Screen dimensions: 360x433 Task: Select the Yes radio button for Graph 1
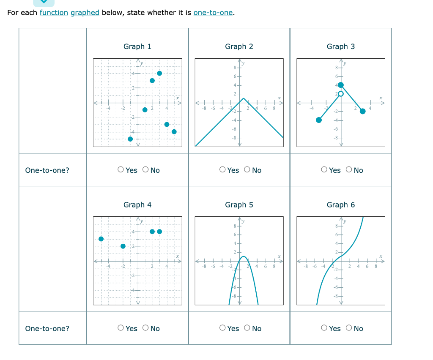coord(121,170)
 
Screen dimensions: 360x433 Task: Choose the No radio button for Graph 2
coord(247,170)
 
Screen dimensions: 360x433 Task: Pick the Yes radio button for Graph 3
coord(324,170)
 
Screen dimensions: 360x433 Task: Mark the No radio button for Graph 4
coord(145,328)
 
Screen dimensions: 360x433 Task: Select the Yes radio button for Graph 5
coord(223,328)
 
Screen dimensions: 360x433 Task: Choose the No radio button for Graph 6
coord(348,328)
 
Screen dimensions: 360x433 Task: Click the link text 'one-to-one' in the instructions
coord(213,13)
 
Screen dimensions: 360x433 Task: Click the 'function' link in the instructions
coord(54,13)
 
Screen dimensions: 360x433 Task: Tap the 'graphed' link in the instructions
coord(85,13)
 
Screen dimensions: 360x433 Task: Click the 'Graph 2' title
coord(239,46)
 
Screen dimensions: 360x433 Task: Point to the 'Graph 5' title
coord(239,205)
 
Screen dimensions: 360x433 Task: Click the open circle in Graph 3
coord(341,93)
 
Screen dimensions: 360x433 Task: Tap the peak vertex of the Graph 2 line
coord(244,98)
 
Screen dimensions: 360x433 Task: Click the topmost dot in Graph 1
coord(159,74)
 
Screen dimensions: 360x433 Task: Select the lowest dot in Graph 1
coord(130,139)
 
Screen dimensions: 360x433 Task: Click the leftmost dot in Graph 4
coord(101,239)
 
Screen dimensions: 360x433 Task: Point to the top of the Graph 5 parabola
coord(244,256)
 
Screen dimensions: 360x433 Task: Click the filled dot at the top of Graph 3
coord(341,85)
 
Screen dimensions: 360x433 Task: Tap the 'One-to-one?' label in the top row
coord(47,170)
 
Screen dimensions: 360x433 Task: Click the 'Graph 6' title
coord(341,205)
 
